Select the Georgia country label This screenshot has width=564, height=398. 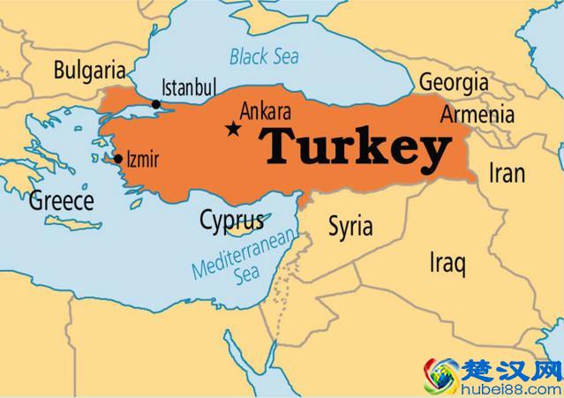click(x=454, y=82)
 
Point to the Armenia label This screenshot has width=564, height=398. click(x=477, y=115)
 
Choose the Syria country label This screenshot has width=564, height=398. click(x=350, y=226)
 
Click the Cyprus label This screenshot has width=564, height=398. click(x=231, y=220)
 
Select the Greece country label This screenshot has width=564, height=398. click(x=62, y=200)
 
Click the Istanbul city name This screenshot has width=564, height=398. click(x=189, y=87)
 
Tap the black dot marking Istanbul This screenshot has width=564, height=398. click(x=156, y=104)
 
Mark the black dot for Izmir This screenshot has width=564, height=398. click(x=118, y=160)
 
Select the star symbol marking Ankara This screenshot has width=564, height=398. click(x=233, y=129)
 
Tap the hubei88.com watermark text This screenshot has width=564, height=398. click(x=513, y=388)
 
